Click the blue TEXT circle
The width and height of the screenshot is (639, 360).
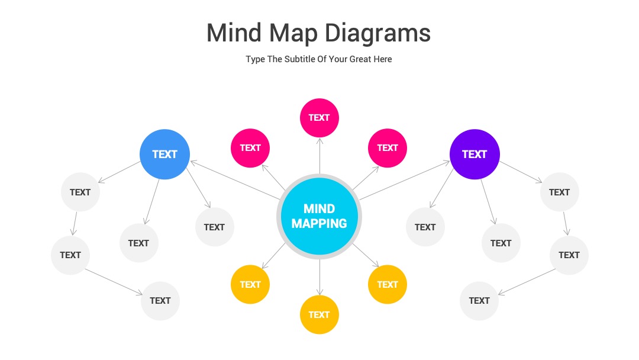tap(164, 154)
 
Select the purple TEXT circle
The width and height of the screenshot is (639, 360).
tap(475, 154)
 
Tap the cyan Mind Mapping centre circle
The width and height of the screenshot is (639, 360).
tap(319, 216)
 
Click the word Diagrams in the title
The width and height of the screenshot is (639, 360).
tap(377, 33)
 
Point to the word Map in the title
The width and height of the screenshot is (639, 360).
tap(293, 33)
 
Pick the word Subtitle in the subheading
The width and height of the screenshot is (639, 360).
tap(299, 59)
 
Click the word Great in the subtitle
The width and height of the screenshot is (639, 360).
tap(360, 59)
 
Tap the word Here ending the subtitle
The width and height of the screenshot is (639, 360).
tap(383, 59)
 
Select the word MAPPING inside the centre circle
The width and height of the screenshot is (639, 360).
tap(319, 223)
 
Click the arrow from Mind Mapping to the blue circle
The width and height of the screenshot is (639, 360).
tap(235, 180)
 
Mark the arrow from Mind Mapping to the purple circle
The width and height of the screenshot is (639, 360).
tap(405, 180)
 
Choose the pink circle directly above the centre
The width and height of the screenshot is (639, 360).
tap(319, 118)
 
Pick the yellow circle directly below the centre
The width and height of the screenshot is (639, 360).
tap(319, 315)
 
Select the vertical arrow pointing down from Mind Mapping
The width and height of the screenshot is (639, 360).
tap(319, 277)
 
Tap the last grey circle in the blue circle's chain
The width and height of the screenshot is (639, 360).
tap(160, 301)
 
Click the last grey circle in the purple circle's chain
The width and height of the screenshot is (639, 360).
tap(479, 301)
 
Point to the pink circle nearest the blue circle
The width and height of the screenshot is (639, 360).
tap(250, 148)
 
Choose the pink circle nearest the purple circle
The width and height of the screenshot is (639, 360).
tap(387, 148)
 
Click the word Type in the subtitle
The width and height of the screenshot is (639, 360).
tap(255, 60)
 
